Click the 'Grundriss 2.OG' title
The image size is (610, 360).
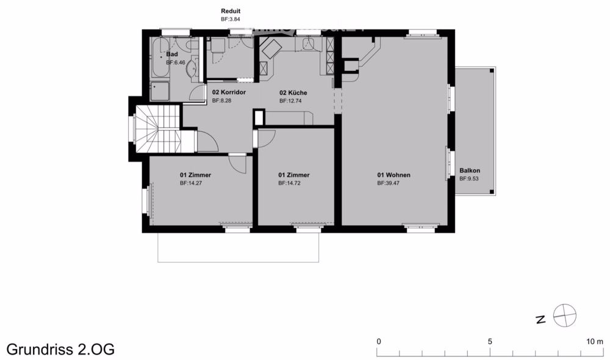pyautogui.click(x=60, y=349)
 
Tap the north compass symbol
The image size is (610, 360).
pyautogui.click(x=564, y=316)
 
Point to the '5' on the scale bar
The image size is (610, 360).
pyautogui.click(x=490, y=341)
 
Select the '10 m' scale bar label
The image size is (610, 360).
pyautogui.click(x=595, y=341)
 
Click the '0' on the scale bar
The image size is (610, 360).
pyautogui.click(x=379, y=341)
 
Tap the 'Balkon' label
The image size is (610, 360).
pyautogui.click(x=470, y=171)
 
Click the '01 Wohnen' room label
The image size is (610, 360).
pyautogui.click(x=393, y=175)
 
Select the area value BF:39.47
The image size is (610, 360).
pyautogui.click(x=393, y=183)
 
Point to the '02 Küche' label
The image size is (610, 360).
pyautogui.click(x=293, y=93)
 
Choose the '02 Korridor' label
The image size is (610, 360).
pyautogui.click(x=229, y=93)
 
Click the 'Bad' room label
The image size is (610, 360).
pyautogui.click(x=172, y=54)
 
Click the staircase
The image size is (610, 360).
pyautogui.click(x=157, y=129)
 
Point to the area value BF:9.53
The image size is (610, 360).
pyautogui.click(x=470, y=179)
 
